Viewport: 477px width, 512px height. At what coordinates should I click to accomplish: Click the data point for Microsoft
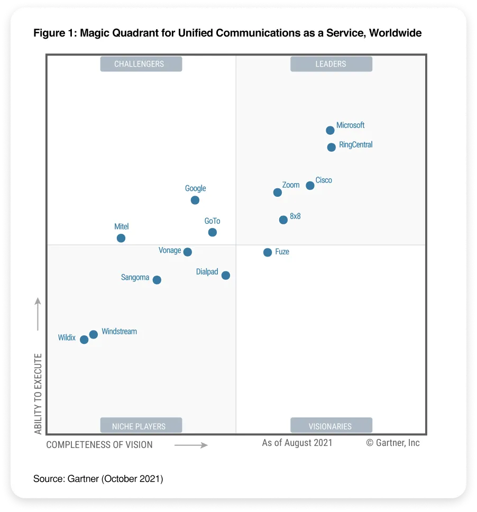click(x=330, y=130)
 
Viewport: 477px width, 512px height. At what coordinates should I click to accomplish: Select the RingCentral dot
click(x=331, y=148)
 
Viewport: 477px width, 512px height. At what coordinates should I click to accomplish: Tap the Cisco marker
click(x=310, y=186)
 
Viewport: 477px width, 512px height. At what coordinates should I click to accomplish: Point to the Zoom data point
click(x=278, y=193)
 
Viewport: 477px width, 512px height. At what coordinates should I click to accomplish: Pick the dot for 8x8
click(x=283, y=220)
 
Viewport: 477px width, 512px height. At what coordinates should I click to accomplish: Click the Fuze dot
click(x=268, y=252)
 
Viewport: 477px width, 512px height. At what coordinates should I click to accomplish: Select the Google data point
click(x=195, y=200)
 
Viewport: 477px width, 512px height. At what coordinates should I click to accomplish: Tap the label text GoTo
click(x=212, y=221)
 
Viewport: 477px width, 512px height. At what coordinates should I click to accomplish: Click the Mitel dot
click(x=121, y=239)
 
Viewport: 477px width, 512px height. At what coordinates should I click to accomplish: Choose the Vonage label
click(x=170, y=250)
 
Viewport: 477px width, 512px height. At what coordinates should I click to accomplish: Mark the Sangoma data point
click(x=157, y=280)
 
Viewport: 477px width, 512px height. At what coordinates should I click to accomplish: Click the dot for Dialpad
click(x=226, y=276)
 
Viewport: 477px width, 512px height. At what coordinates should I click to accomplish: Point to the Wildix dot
click(x=84, y=340)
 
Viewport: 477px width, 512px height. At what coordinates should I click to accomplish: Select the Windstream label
click(x=119, y=332)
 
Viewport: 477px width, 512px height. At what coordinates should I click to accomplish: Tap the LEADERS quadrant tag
click(x=331, y=64)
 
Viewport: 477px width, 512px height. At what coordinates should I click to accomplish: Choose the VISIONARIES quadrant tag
click(x=331, y=426)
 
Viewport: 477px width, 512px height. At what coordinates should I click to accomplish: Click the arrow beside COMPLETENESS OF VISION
click(x=191, y=445)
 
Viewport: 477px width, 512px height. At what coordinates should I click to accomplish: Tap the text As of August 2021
click(x=297, y=443)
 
